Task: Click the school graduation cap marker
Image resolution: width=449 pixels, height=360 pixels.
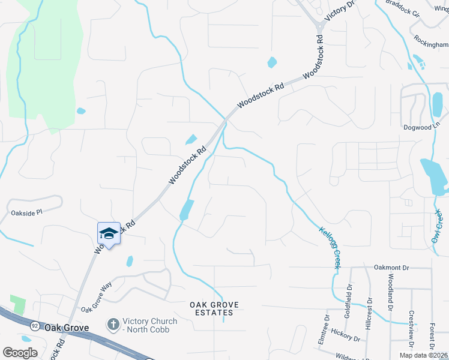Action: pos(109,233)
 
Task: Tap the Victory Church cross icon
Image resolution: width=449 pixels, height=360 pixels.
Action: pos(112,325)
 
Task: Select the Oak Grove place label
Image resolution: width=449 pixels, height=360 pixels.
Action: pos(66,328)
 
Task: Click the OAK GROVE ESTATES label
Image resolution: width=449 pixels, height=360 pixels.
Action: pos(214,308)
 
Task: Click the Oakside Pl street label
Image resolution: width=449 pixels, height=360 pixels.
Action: pos(27,212)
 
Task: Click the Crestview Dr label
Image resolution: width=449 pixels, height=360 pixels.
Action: pos(411,329)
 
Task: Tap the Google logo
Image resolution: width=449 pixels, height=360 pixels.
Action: pos(20,352)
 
